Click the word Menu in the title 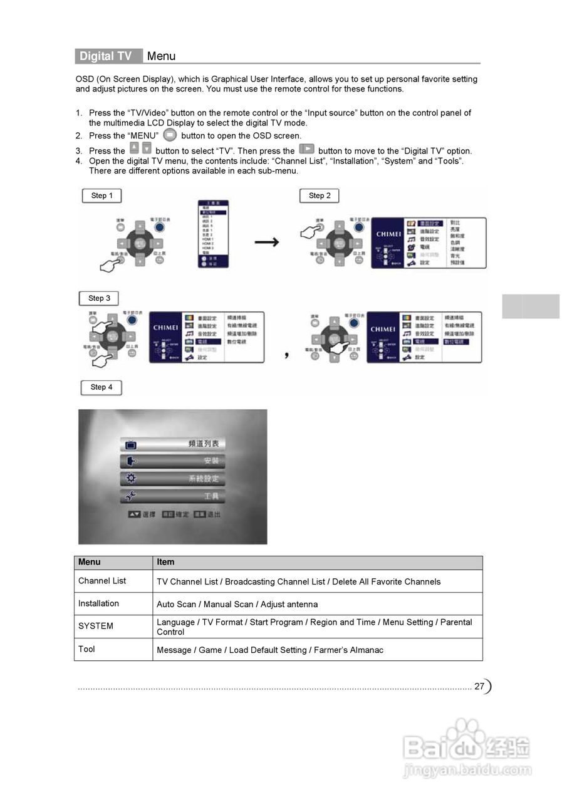161,56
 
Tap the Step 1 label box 101,195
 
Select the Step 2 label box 320,195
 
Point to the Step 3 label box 99,298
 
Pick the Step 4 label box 101,387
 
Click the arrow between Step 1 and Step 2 266,242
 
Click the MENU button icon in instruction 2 170,135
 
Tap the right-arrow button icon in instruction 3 306,149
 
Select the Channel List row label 102,581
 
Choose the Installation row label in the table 98,603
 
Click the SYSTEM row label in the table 96,626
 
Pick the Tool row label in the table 86,649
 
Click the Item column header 165,562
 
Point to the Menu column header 89,562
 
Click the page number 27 479,686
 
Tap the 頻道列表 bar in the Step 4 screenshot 172,444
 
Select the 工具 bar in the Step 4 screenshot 172,496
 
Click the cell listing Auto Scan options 237,605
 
